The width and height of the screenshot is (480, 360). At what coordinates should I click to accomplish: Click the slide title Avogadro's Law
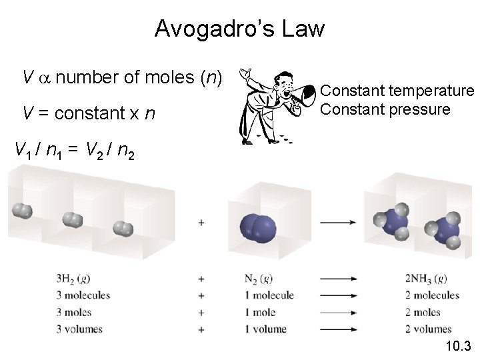click(239, 29)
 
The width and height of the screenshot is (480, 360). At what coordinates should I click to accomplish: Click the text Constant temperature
click(398, 91)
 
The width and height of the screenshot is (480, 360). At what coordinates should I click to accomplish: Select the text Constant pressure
click(385, 109)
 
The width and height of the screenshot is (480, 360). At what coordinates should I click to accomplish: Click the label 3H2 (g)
click(74, 278)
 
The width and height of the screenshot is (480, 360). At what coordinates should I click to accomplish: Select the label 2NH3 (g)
click(426, 278)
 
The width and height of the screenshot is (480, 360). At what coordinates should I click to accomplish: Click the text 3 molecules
click(83, 295)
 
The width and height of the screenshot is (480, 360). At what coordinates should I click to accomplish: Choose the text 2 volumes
click(428, 329)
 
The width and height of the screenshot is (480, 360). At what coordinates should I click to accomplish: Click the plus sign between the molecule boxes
click(201, 222)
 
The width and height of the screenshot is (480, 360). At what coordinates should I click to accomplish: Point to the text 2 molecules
click(432, 295)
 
